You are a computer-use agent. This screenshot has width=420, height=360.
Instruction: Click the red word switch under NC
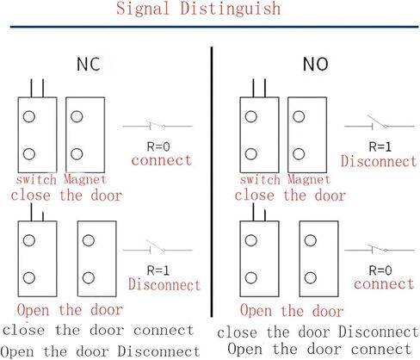[36, 179]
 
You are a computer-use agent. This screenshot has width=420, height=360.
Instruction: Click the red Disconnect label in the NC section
[164, 285]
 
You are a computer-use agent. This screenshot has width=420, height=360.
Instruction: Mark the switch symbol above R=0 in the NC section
[157, 127]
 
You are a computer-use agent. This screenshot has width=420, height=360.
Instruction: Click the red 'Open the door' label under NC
[69, 310]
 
